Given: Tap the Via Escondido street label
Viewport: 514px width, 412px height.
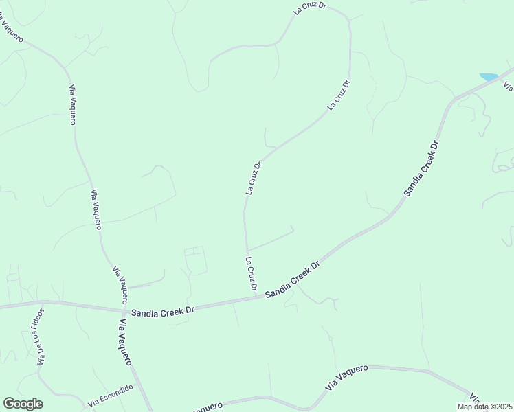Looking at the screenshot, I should point(110,394).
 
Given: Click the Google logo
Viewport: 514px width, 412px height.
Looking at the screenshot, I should point(23,404).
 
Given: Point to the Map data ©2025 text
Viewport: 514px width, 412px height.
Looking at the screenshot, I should point(485,407).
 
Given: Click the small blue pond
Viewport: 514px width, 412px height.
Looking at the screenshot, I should point(488,77).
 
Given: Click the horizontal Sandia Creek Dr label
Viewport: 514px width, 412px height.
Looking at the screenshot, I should point(164,311).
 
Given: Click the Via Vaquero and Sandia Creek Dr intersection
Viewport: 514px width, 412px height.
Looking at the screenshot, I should point(124,310).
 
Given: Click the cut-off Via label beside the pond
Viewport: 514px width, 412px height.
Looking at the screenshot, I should point(508,87).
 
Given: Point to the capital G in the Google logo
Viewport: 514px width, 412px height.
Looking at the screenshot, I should point(9,404).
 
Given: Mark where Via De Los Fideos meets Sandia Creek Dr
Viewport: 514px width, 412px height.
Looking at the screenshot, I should point(43,301).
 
